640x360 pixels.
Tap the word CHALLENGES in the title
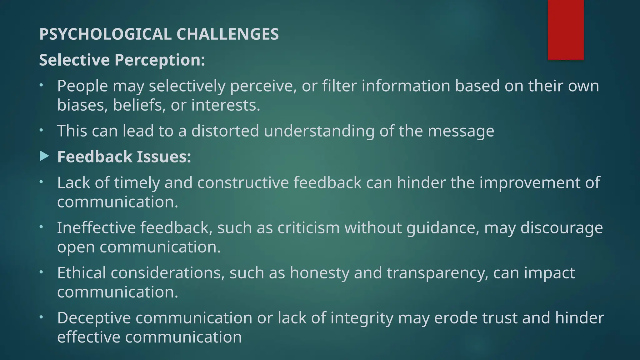[227, 34]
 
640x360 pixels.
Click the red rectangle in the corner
[566, 30]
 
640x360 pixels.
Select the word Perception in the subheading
[159, 60]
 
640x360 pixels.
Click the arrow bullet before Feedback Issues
[44, 156]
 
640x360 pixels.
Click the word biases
[82, 105]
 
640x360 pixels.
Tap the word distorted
[225, 131]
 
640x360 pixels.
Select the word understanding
[319, 131]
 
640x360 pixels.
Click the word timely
[137, 182]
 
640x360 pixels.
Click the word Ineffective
[96, 227]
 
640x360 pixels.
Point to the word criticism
[308, 227]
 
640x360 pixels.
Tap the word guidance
[442, 227]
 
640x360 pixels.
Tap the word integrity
[362, 318]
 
